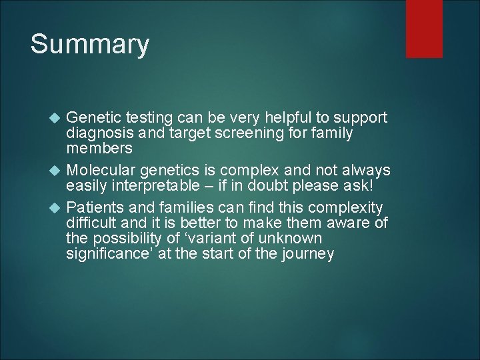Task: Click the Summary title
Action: (90, 45)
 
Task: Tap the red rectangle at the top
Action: (425, 28)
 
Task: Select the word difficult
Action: (91, 223)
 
